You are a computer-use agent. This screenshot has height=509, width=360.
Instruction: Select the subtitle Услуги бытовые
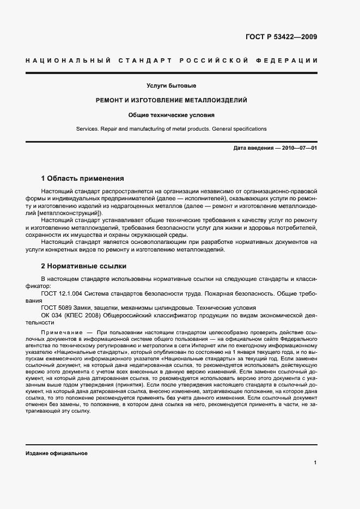[171, 86]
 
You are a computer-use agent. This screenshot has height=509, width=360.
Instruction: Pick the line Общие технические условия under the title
[171, 115]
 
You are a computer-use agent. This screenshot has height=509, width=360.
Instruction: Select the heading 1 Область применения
[83, 179]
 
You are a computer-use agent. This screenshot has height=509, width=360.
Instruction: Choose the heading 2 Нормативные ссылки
[84, 266]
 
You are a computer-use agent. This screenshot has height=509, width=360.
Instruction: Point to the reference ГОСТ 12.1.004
[62, 293]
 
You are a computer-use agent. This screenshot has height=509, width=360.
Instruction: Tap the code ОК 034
[51, 315]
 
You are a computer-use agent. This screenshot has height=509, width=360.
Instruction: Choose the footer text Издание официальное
[56, 453]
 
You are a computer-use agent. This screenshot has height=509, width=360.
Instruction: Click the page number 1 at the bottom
[315, 463]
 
